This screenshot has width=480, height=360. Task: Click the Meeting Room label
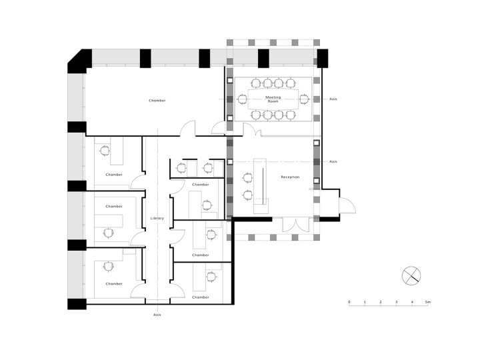(273, 99)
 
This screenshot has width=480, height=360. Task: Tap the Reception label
(290, 177)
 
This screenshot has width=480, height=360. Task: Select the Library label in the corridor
(157, 218)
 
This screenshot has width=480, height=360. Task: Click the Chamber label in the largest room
(157, 101)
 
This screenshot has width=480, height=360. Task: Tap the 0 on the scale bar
(349, 302)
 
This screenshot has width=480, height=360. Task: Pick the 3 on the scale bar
(397, 302)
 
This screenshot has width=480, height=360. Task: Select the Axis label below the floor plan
(157, 315)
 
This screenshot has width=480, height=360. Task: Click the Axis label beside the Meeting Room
(333, 99)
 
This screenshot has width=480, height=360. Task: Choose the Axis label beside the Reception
(333, 161)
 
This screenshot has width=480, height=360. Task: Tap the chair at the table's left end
(241, 99)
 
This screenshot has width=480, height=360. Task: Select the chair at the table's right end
(304, 99)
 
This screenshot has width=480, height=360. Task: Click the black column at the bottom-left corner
(77, 304)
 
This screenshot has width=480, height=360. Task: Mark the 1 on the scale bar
(365, 302)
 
